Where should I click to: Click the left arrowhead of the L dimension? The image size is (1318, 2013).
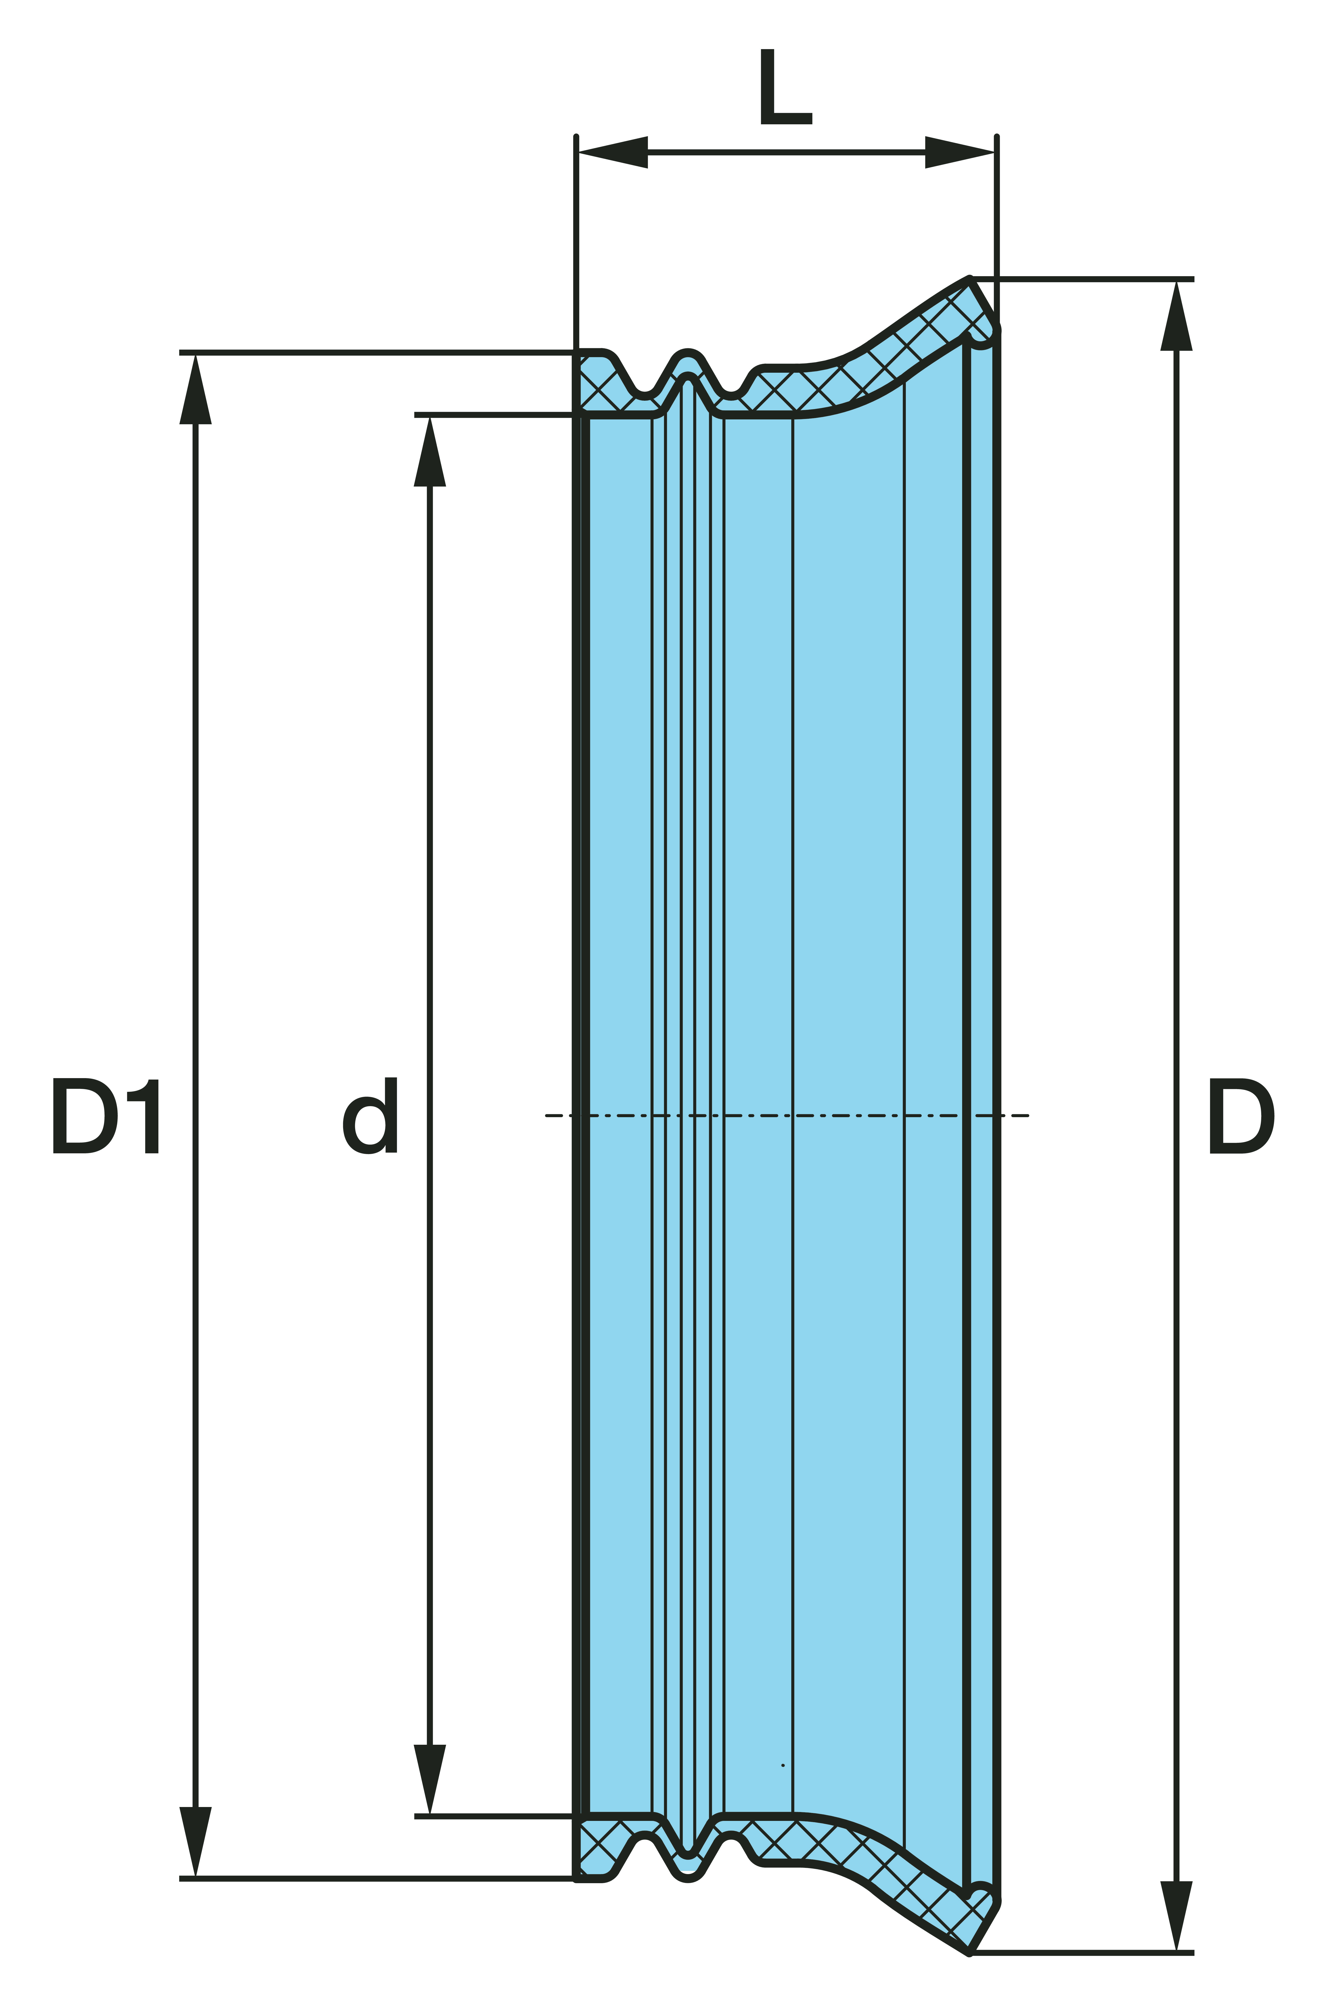point(613,152)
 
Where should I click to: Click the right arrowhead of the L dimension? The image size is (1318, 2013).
point(959,152)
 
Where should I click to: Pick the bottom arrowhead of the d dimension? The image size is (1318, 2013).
point(430,1779)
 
